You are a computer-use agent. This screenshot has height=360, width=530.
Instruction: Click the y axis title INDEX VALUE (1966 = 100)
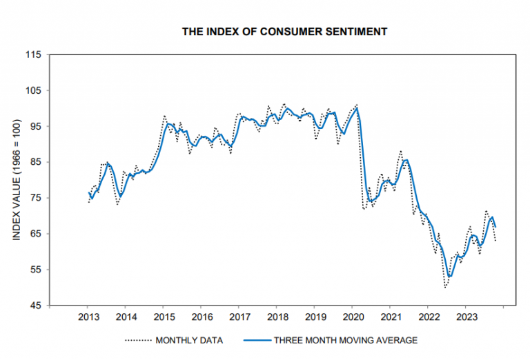[x=16, y=180]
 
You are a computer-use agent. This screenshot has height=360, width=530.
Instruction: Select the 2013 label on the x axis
[x=88, y=318]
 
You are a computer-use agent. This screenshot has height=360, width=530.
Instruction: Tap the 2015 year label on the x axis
[x=164, y=318]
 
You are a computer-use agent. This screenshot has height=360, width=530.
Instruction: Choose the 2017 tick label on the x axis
[x=239, y=318]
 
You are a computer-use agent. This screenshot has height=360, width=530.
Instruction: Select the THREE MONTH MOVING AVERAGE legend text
[x=346, y=340]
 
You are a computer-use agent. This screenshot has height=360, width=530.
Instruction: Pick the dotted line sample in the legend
[x=138, y=340]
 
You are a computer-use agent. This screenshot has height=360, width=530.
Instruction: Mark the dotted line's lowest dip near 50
[x=446, y=287]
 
